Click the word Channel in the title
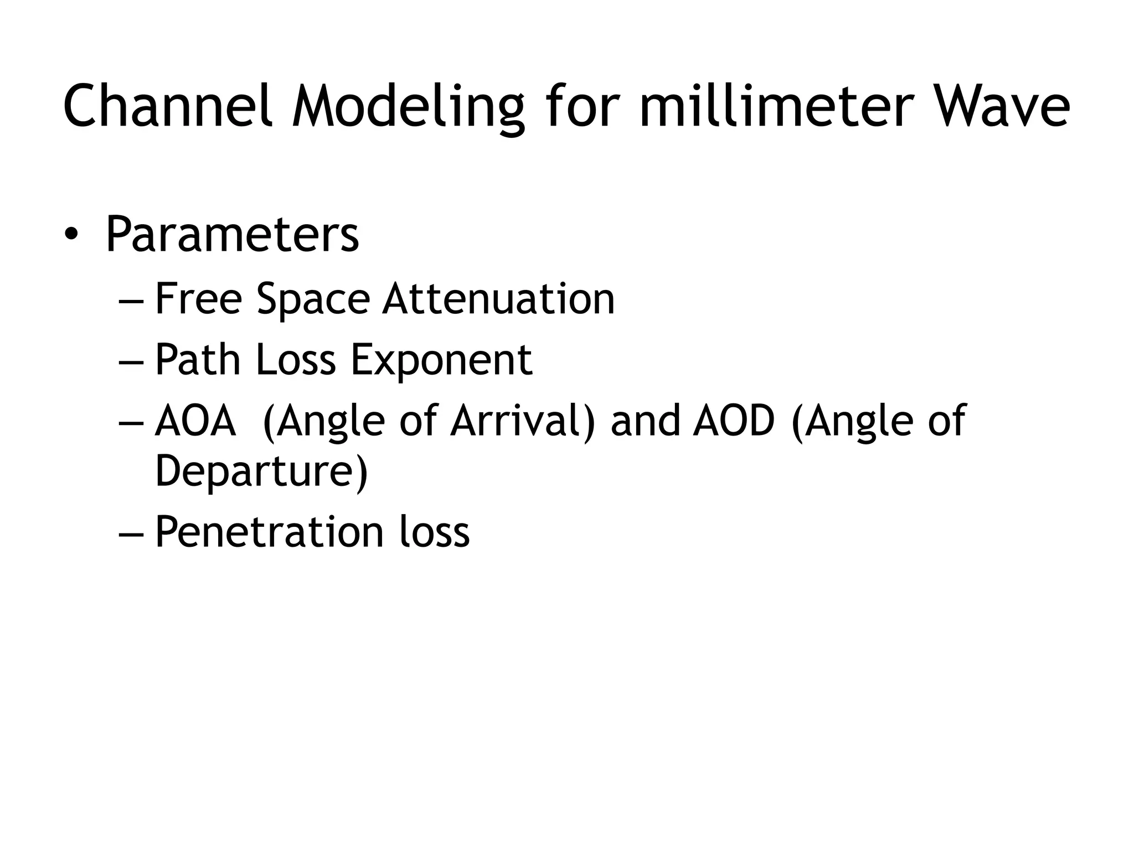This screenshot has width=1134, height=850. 167,106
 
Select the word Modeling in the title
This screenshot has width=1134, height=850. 408,107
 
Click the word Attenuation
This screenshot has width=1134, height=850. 498,299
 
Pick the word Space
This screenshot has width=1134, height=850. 313,299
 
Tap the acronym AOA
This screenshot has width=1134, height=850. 195,421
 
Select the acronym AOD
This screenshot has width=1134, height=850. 733,421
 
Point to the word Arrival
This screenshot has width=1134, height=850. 522,421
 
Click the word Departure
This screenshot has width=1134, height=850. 261,471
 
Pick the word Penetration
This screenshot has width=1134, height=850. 269,532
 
